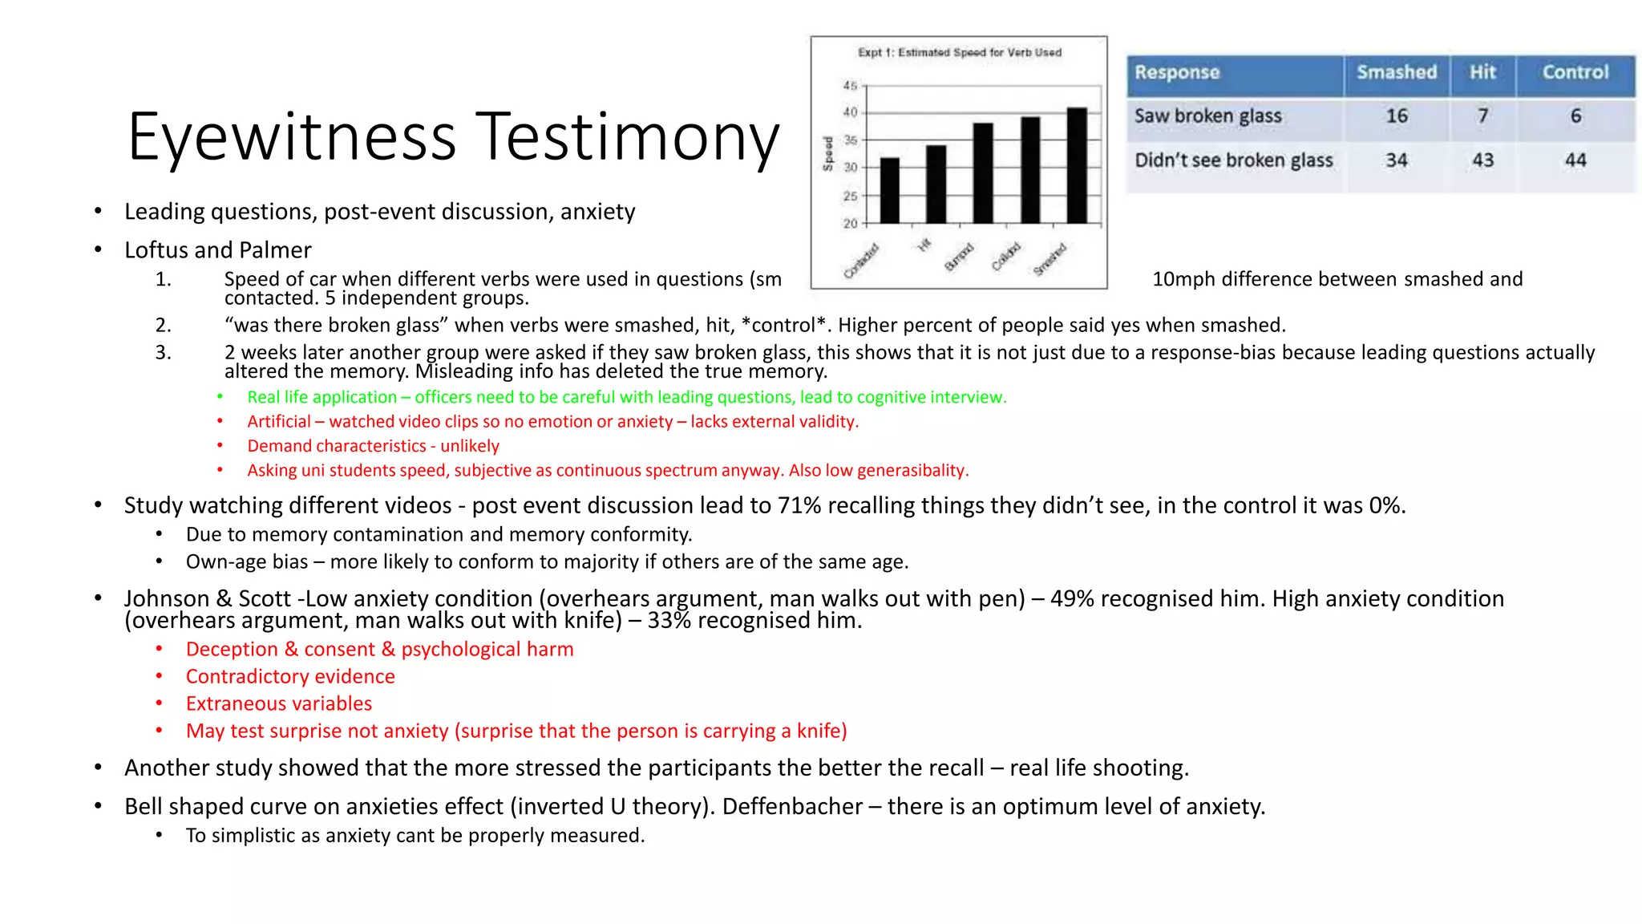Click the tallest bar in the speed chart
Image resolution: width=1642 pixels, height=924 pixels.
pos(1077,165)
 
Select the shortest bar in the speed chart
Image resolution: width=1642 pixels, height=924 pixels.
pos(889,190)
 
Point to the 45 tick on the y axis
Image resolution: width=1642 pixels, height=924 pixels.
pos(850,85)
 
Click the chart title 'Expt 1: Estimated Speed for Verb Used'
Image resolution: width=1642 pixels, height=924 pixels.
pos(959,53)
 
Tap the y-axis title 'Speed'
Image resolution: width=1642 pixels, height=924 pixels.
pos(828,153)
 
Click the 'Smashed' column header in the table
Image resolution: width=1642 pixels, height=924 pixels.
pos(1396,72)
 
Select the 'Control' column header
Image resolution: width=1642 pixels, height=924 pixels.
pos(1575,72)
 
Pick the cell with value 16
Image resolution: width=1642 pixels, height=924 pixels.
pos(1396,116)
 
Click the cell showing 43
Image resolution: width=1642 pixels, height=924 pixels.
pos(1482,160)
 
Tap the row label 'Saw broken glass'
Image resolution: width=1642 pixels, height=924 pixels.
pos(1207,116)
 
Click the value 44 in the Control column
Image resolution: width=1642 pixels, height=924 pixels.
pos(1575,160)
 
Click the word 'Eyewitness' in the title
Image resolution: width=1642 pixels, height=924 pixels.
pos(292,138)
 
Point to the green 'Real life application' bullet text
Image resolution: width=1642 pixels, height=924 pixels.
pos(322,397)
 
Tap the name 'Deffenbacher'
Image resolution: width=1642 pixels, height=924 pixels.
pos(791,806)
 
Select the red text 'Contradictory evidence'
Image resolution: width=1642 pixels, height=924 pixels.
pos(290,676)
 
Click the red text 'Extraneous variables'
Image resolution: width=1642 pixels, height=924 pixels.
pos(279,703)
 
